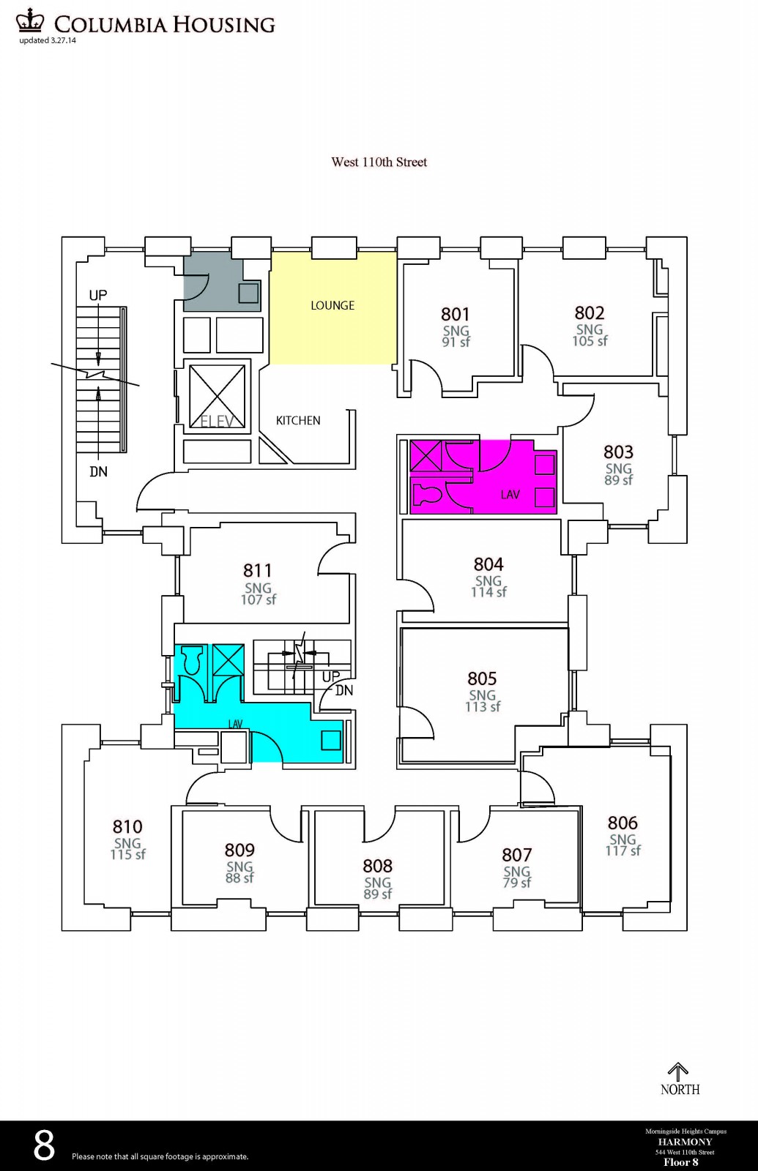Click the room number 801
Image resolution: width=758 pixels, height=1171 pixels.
[x=455, y=314]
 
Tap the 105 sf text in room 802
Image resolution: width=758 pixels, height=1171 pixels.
[x=590, y=341]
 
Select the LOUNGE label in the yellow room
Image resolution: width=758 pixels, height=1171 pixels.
[x=332, y=305]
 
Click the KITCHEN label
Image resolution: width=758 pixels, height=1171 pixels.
[x=298, y=420]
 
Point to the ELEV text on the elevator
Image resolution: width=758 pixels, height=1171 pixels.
[x=217, y=422]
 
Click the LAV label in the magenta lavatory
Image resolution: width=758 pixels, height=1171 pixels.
[x=510, y=495]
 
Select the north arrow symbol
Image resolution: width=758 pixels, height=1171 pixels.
[x=678, y=1071]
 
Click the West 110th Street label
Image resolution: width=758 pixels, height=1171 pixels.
[x=379, y=162]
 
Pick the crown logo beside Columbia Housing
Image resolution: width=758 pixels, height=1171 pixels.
[x=30, y=20]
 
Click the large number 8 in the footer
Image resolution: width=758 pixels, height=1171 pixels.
[x=45, y=1145]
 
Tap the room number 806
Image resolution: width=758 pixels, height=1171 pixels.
[x=623, y=823]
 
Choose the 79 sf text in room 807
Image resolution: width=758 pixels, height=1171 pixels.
[x=516, y=883]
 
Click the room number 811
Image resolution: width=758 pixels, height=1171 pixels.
[x=258, y=570]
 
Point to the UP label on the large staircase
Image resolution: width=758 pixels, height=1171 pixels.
[x=98, y=295]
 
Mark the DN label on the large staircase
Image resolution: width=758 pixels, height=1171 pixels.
[x=98, y=472]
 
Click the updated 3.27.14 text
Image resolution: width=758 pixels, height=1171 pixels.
[x=48, y=41]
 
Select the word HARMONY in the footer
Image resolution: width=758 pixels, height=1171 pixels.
[x=685, y=1142]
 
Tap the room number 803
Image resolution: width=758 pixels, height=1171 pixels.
[x=618, y=452]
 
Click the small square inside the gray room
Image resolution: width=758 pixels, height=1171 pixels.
[x=248, y=293]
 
